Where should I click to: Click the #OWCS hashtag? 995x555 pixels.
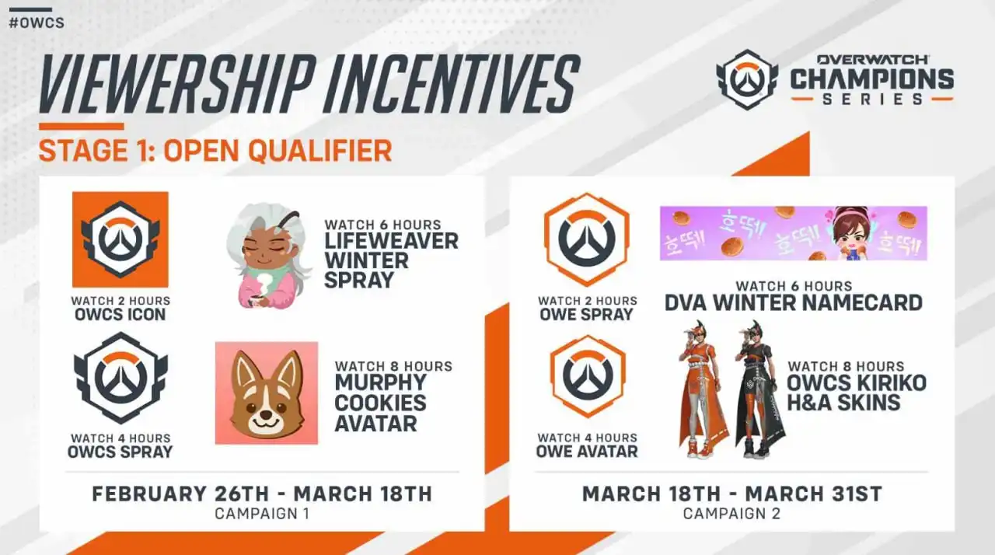point(37,23)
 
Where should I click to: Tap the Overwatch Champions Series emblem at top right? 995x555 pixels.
point(747,79)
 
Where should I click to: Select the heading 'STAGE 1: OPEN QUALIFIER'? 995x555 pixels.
point(215,151)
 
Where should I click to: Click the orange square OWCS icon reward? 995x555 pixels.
point(120,239)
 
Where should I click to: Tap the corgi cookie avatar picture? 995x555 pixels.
point(267,393)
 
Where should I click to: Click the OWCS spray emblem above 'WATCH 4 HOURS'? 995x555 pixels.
point(120,379)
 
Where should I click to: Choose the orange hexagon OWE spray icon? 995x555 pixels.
point(587,239)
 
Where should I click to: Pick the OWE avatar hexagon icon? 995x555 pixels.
point(588,376)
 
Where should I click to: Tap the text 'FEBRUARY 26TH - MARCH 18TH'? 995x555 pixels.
point(262,494)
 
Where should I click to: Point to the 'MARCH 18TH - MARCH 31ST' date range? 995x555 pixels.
point(732,494)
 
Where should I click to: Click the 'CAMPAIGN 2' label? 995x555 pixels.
point(731,514)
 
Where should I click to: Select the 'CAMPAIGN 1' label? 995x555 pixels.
point(262,514)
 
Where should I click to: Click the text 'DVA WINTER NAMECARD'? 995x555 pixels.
point(794,303)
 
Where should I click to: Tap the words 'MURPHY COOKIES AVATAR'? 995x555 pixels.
point(381,403)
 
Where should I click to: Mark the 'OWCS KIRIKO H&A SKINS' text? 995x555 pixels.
point(857,393)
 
